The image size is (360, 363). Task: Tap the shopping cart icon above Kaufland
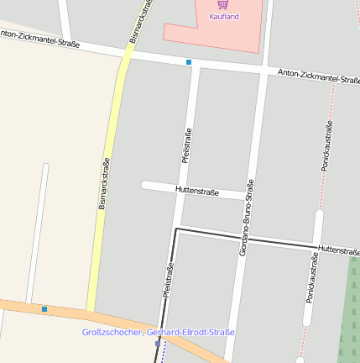[x=222, y=4]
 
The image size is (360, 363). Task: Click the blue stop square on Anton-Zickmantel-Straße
[x=189, y=62]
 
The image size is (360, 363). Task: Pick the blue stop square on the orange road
[x=44, y=309]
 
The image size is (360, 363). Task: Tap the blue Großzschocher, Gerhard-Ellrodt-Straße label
[x=159, y=333]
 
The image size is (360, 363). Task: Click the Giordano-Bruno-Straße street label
[x=246, y=218]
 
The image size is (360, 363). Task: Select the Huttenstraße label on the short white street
[x=197, y=192]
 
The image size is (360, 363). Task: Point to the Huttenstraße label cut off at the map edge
[x=338, y=250]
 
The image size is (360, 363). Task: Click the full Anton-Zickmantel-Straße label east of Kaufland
[x=318, y=76]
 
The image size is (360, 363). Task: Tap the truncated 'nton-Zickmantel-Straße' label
[x=39, y=38]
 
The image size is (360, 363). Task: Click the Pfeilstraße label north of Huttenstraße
[x=187, y=145]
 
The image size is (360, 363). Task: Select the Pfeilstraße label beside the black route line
[x=168, y=282]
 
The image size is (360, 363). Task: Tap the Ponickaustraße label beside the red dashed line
[x=326, y=145]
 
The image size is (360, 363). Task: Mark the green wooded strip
[x=349, y=311]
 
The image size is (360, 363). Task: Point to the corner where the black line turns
[x=175, y=229]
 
